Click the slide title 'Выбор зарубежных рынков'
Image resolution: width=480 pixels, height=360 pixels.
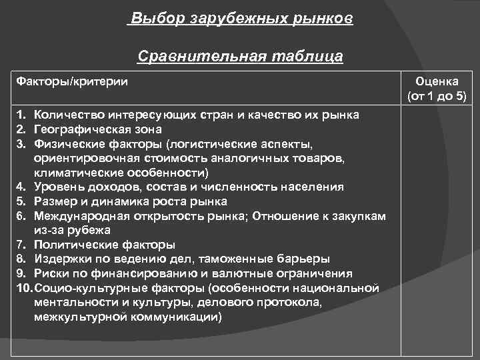(x=241, y=19)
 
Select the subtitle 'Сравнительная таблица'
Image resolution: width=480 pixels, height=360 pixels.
(x=240, y=56)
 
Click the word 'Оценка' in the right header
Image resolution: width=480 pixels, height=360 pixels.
(x=437, y=81)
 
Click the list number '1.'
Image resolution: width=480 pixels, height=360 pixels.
(x=22, y=115)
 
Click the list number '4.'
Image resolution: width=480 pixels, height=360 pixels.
(x=22, y=187)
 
